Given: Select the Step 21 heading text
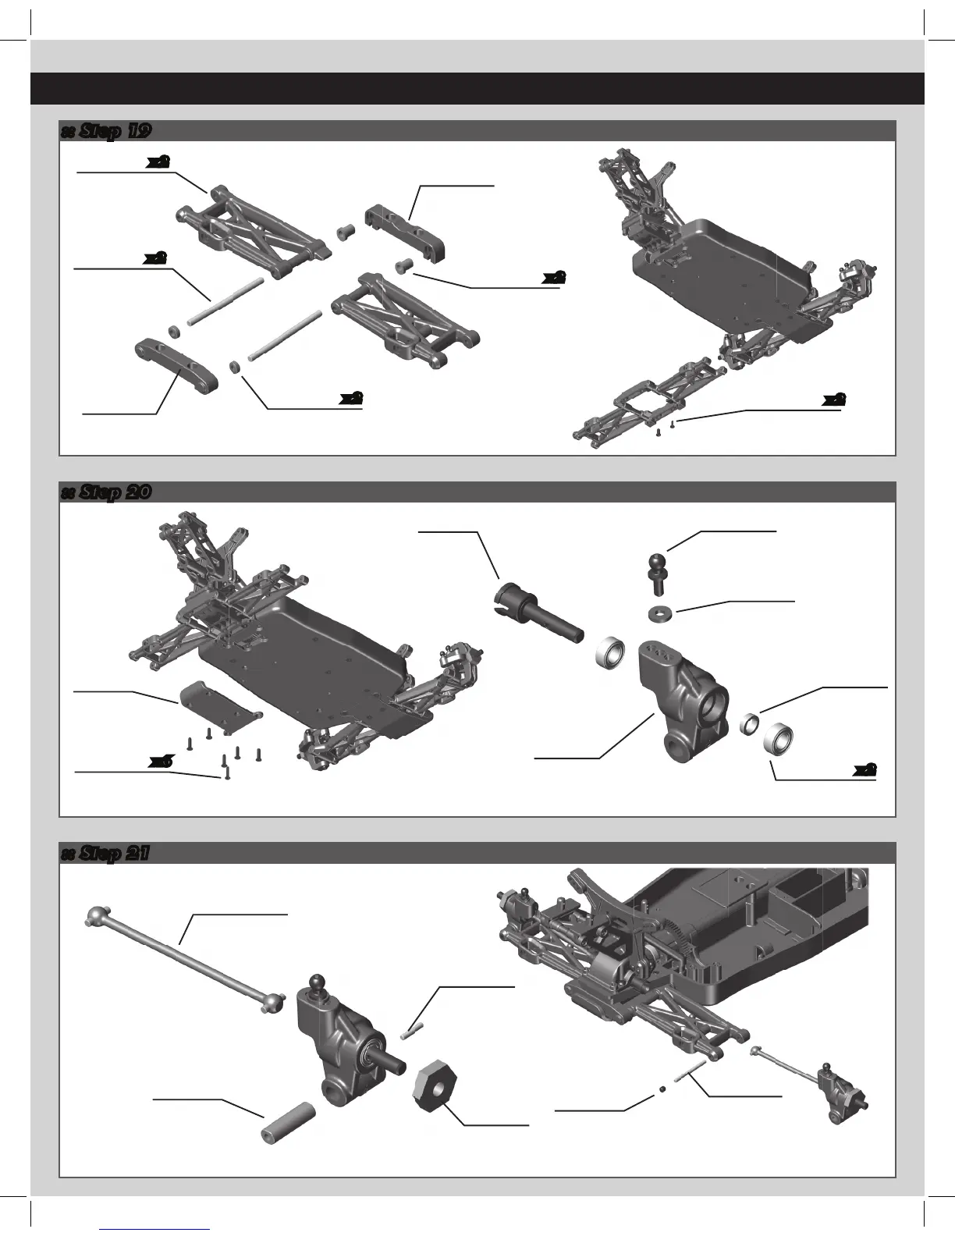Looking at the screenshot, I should (105, 854).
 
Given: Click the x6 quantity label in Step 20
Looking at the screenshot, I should (161, 761).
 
